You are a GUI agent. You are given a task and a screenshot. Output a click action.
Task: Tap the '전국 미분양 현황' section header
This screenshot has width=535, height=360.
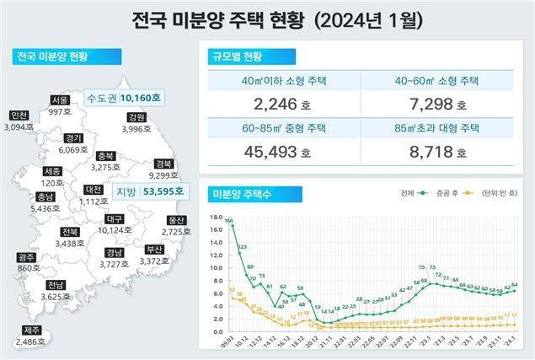51,57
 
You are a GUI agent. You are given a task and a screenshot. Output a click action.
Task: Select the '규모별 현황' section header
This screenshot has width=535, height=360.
239,57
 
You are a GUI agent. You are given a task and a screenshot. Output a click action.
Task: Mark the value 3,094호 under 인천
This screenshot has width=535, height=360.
18,126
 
